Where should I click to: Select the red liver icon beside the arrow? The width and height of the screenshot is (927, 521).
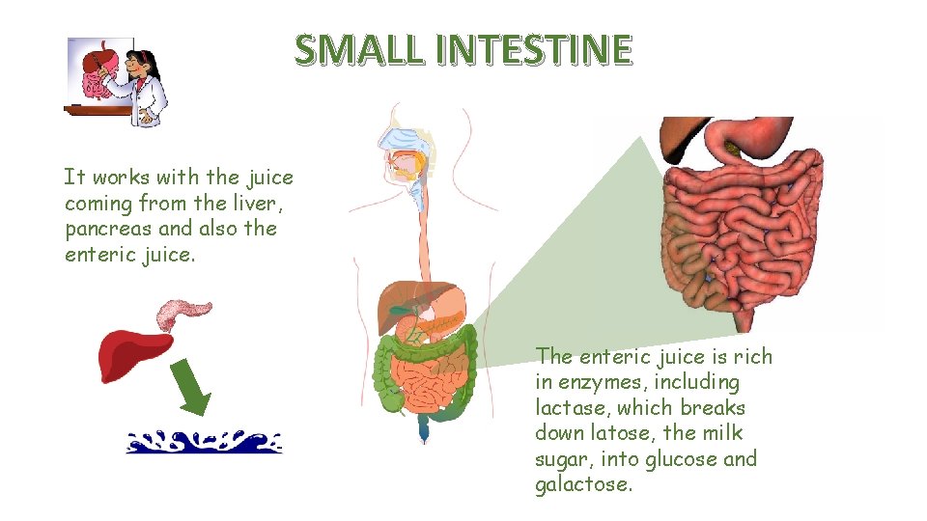click(x=134, y=351)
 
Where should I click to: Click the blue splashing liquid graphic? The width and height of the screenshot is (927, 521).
click(x=205, y=442)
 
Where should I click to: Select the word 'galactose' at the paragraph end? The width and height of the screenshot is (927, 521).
click(x=583, y=484)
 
